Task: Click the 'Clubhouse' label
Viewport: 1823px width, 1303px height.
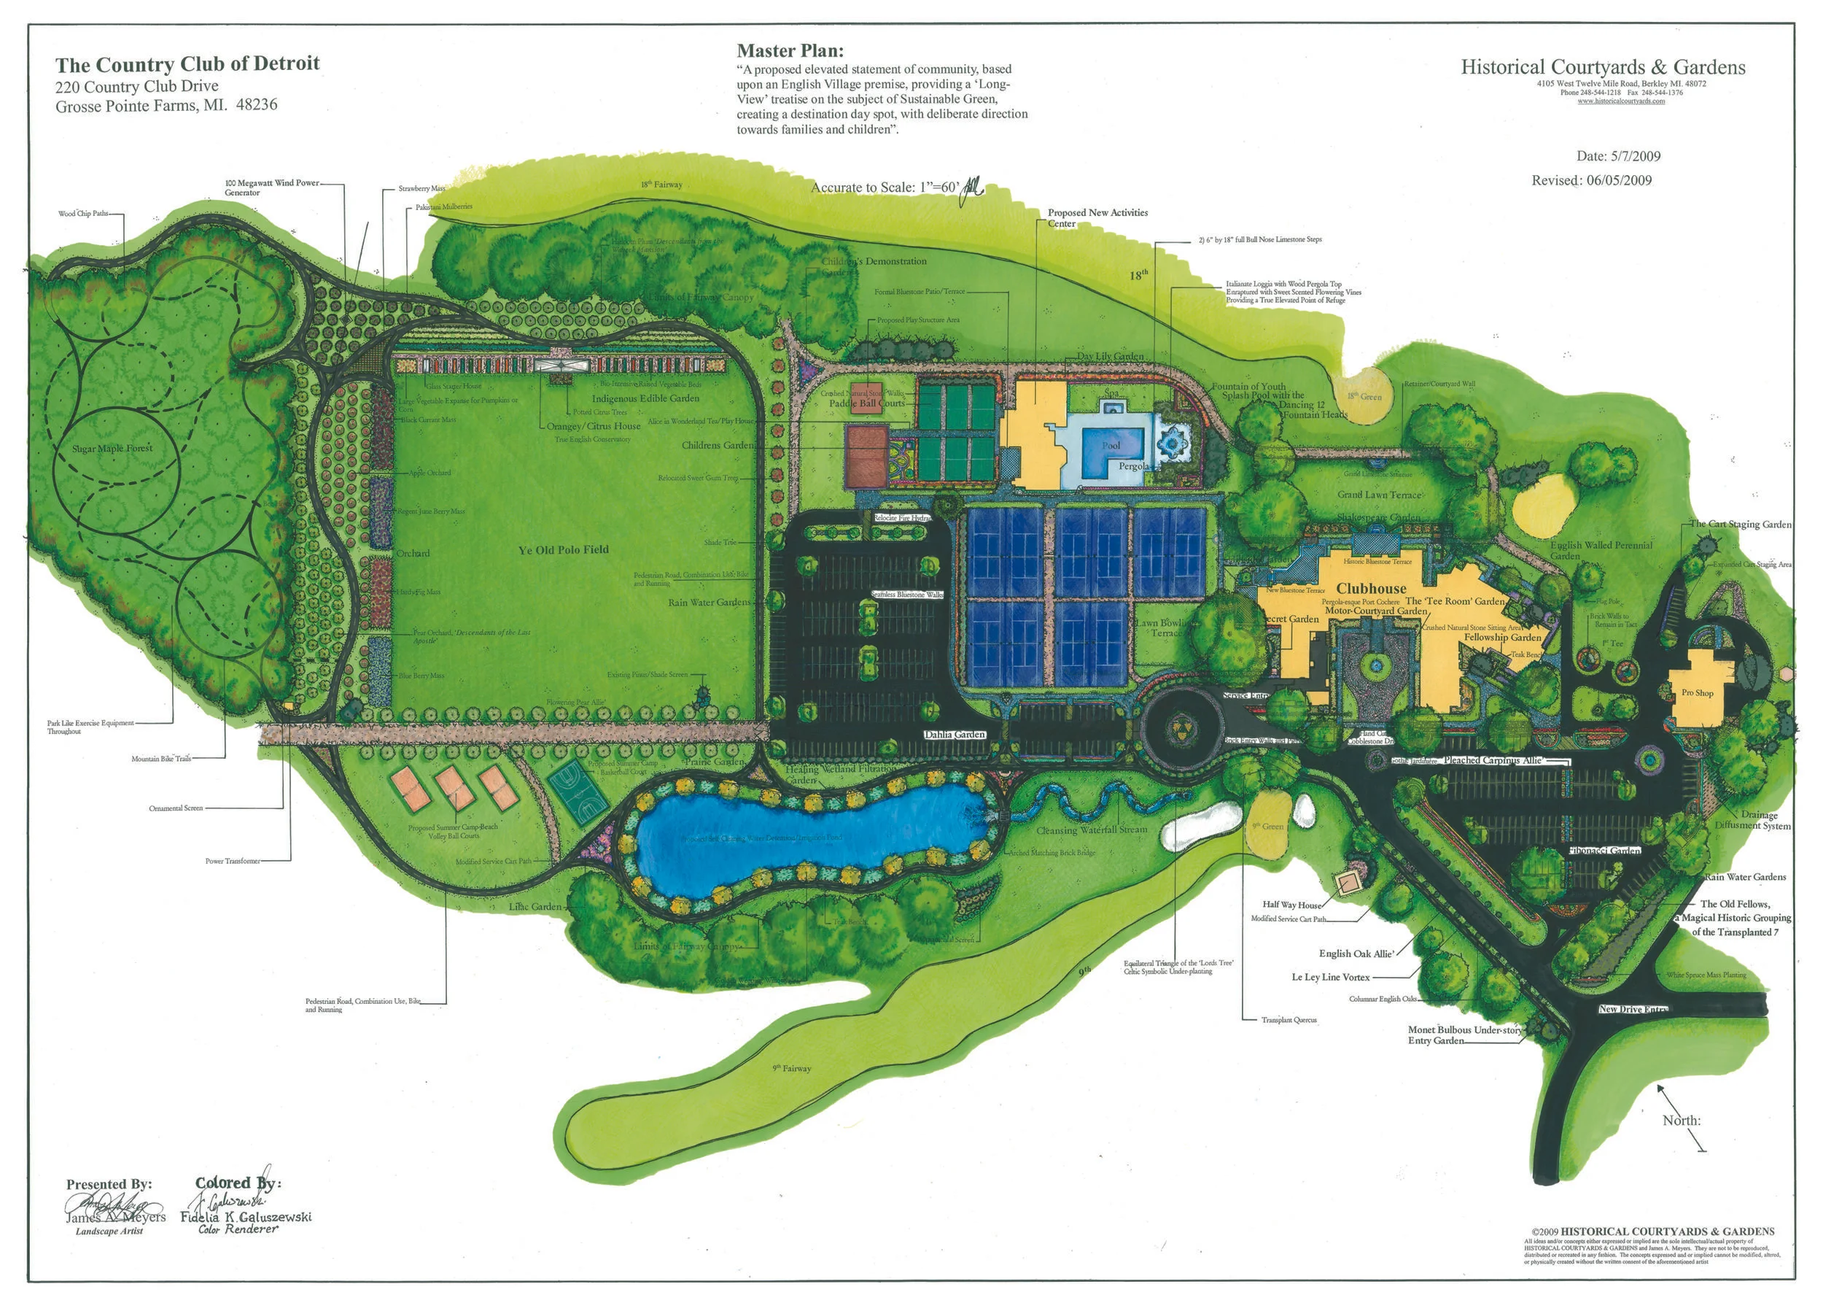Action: pos(1371,588)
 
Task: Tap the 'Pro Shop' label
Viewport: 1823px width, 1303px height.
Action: pos(1697,692)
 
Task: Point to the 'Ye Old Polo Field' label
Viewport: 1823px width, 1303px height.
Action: pos(563,549)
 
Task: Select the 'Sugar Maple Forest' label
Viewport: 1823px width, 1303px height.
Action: pos(112,449)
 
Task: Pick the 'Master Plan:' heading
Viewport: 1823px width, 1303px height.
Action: pos(790,51)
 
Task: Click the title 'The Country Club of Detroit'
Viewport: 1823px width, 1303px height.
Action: pos(187,63)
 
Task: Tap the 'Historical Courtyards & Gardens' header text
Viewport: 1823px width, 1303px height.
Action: pos(1603,67)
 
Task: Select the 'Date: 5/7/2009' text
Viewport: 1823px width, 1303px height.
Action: pos(1617,155)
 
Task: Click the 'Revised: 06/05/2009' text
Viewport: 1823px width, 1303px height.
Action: pos(1591,180)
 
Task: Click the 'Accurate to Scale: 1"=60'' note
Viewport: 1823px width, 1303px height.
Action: pos(885,187)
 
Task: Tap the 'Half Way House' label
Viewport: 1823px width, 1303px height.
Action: pos(1292,904)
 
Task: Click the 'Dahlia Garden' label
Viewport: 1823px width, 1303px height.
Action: pos(955,734)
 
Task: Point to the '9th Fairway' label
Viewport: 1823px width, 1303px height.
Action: pos(792,1068)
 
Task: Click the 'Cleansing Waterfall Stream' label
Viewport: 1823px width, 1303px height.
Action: pos(1091,830)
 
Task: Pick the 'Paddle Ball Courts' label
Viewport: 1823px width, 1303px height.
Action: pos(866,403)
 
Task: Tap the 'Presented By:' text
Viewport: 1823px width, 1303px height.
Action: pos(109,1184)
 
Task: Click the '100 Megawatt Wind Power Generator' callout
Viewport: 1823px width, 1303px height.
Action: pos(272,187)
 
